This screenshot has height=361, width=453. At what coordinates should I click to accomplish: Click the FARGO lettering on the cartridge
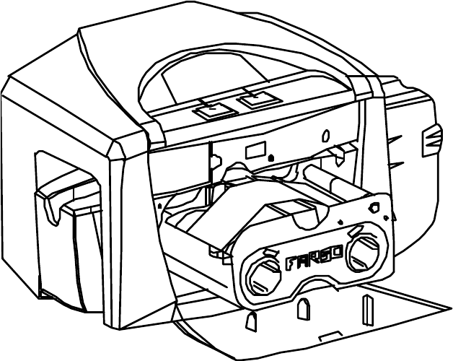pyautogui.click(x=309, y=261)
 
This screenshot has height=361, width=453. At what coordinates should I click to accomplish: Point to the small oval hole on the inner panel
pyautogui.click(x=325, y=135)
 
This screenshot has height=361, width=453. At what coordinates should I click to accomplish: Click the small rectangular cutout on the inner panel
pyautogui.click(x=255, y=151)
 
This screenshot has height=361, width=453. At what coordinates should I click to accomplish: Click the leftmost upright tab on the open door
pyautogui.click(x=252, y=319)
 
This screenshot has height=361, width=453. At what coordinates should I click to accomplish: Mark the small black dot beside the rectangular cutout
pyautogui.click(x=270, y=158)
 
